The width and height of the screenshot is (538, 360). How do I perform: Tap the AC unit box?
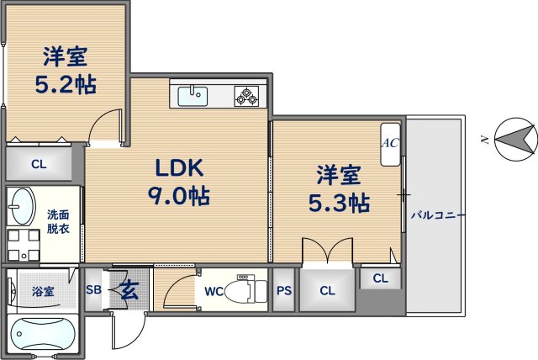coord(390,143)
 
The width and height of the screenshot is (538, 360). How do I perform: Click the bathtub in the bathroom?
coord(41,335)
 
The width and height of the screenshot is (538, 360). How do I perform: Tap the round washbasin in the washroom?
coord(22,205)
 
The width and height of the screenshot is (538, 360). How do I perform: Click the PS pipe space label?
coord(284,291)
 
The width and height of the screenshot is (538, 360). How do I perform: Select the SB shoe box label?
coord(93,291)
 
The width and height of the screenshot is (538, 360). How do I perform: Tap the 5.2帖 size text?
coord(66,84)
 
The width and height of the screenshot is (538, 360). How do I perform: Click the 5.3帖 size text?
coord(339,203)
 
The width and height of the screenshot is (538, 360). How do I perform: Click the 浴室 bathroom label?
coord(43,292)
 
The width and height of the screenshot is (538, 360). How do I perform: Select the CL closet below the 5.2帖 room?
coord(39,164)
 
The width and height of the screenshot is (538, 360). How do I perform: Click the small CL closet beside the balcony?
coord(381,278)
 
